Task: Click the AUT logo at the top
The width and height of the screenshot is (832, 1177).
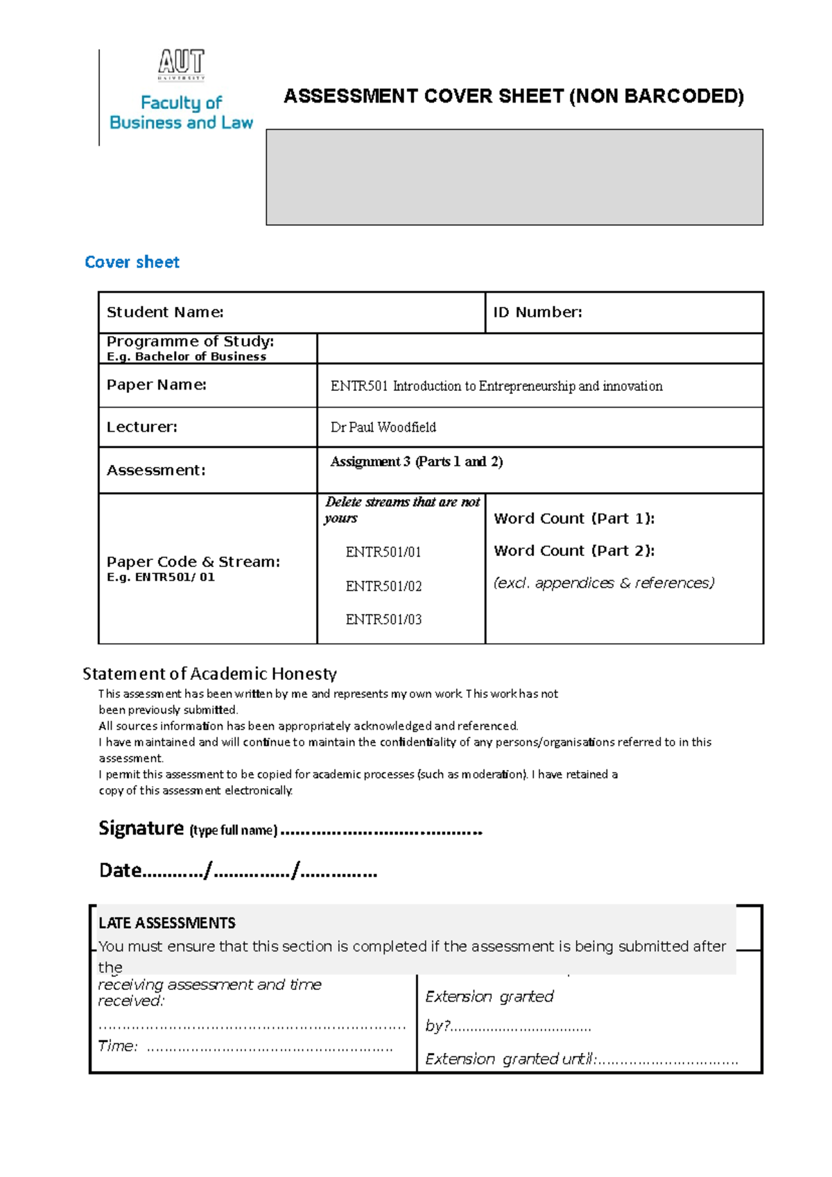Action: click(181, 63)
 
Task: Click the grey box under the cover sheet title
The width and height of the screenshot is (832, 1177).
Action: click(514, 177)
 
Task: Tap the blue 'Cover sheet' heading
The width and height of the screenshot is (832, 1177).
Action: click(132, 262)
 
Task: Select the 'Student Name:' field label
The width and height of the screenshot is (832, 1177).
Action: click(165, 313)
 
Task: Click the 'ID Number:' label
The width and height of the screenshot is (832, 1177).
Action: click(537, 313)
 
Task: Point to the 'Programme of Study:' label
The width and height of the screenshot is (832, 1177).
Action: click(190, 342)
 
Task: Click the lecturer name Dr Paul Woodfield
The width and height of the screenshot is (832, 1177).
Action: click(383, 428)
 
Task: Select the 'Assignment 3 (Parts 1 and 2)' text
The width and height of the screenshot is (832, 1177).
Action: click(416, 462)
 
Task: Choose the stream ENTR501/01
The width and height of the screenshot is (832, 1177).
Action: click(383, 552)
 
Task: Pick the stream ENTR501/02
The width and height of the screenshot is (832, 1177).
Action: click(383, 586)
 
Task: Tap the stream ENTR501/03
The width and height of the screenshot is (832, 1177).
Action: click(383, 620)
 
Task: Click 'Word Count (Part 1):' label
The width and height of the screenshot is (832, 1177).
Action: click(573, 518)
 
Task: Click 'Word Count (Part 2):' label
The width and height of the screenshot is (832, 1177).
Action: click(573, 551)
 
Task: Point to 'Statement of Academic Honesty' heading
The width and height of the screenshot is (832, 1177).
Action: click(209, 674)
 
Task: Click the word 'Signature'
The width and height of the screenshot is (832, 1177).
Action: click(141, 828)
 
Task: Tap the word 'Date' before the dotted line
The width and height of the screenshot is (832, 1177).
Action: click(120, 871)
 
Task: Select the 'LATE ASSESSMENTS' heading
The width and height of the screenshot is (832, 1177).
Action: click(166, 923)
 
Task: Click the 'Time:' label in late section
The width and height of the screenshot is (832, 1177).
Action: click(117, 1046)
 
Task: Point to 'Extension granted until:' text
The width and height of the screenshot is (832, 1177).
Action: click(510, 1059)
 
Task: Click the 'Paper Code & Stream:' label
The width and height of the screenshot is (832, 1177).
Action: click(193, 562)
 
